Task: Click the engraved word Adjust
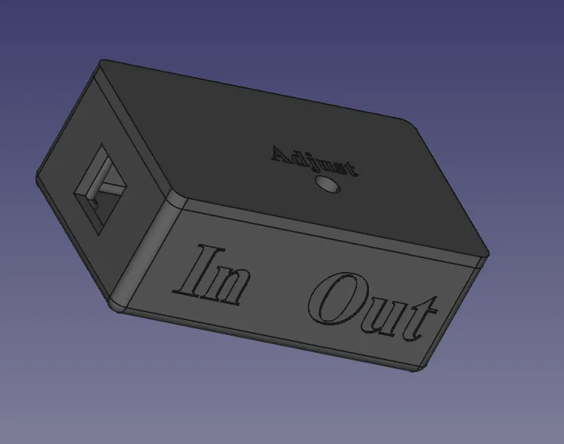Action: click(x=315, y=162)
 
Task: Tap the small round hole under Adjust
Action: click(x=328, y=185)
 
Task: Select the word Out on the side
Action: click(x=373, y=306)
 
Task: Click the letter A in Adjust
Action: click(x=282, y=153)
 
